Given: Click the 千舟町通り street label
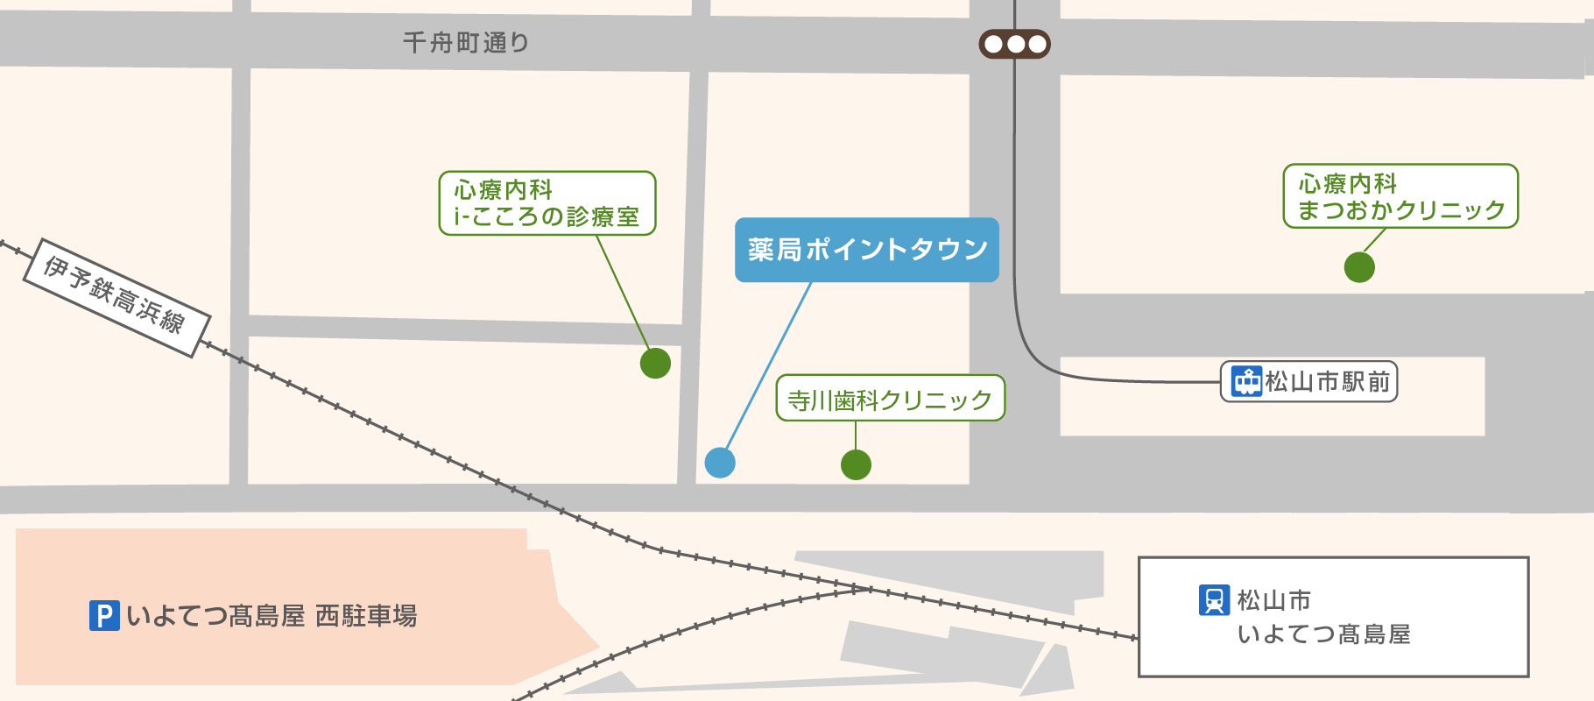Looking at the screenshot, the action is point(466,42).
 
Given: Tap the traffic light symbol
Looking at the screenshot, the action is point(1014,44).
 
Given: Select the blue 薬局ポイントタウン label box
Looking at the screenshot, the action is point(866,250).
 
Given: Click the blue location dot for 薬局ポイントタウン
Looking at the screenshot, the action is point(720,462).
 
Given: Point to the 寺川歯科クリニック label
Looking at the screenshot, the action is point(890,399).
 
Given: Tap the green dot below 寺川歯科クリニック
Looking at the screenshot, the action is point(856,464).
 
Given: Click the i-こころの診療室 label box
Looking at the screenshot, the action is point(547,203).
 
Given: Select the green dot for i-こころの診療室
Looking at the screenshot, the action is point(655,363).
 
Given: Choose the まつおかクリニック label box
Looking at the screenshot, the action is point(1400,196).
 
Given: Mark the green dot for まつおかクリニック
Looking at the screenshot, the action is point(1359,267).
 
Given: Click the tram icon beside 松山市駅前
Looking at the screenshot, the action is point(1246,382).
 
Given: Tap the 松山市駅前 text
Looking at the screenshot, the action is point(1328,382).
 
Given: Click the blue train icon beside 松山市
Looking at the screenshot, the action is point(1214,600).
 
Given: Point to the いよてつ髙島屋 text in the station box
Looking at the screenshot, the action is point(1323,634).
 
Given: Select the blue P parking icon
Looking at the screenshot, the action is point(104,615).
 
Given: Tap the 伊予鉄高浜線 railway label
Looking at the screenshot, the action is point(115,297).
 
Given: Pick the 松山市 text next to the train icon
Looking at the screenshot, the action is point(1274,600).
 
